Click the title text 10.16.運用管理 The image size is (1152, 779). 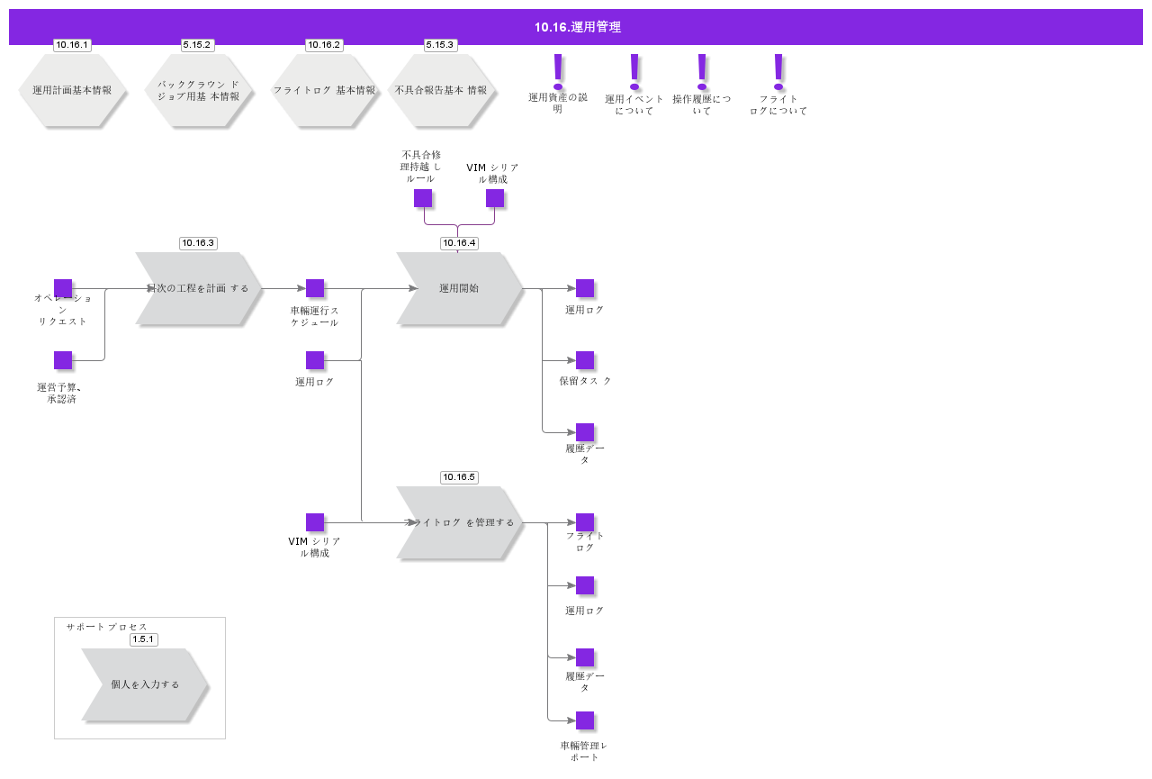click(x=577, y=27)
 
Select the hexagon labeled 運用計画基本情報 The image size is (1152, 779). click(x=72, y=90)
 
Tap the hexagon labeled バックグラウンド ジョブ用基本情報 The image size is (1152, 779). click(x=198, y=90)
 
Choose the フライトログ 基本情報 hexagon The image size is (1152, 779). click(x=324, y=90)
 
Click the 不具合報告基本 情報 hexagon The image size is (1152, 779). click(x=441, y=90)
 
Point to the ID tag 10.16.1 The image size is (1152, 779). click(x=72, y=45)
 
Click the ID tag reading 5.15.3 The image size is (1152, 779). click(x=440, y=45)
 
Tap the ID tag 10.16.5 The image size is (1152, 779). click(x=459, y=477)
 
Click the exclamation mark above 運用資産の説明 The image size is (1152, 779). click(x=558, y=70)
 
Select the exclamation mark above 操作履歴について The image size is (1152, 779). click(x=702, y=70)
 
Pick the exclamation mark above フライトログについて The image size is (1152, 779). click(x=778, y=70)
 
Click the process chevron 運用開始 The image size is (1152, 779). click(x=459, y=288)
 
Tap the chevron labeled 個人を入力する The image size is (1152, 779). click(x=145, y=684)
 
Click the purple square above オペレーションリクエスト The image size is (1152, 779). click(x=63, y=288)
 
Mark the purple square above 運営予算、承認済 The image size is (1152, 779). click(x=63, y=360)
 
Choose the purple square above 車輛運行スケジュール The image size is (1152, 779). click(x=315, y=288)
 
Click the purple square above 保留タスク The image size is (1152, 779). click(x=585, y=360)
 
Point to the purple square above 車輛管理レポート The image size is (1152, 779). click(x=585, y=720)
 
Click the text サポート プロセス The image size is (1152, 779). click(x=106, y=627)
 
